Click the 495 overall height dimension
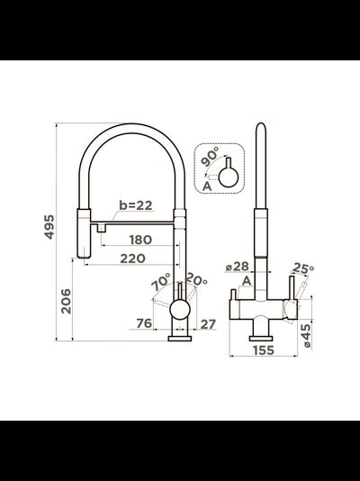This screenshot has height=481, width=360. (x=49, y=227)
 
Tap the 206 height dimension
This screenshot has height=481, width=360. (x=66, y=301)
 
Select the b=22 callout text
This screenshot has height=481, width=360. (x=136, y=205)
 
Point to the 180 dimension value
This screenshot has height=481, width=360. (x=140, y=240)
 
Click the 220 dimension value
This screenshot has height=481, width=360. (x=132, y=259)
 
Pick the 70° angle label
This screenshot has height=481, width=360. (x=161, y=282)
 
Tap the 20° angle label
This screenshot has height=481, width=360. (x=196, y=279)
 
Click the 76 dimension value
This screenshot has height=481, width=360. (x=144, y=323)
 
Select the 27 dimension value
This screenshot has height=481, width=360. (x=208, y=324)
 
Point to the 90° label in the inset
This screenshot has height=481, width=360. (x=211, y=157)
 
